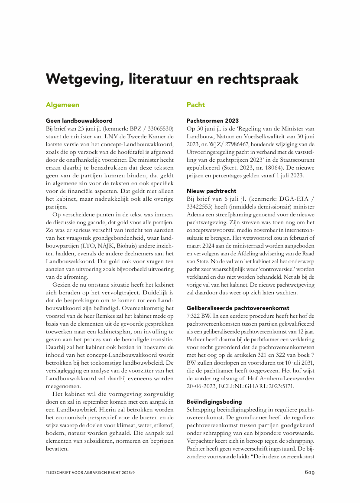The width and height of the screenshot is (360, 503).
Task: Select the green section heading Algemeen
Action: click(62, 105)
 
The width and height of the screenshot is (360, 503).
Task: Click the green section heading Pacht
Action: click(195, 105)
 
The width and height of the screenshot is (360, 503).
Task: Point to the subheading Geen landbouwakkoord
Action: click(79, 121)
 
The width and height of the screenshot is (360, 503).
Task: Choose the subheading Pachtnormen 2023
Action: click(212, 121)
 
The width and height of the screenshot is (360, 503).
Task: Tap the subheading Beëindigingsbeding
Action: click(214, 401)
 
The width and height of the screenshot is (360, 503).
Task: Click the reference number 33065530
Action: click(157, 128)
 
